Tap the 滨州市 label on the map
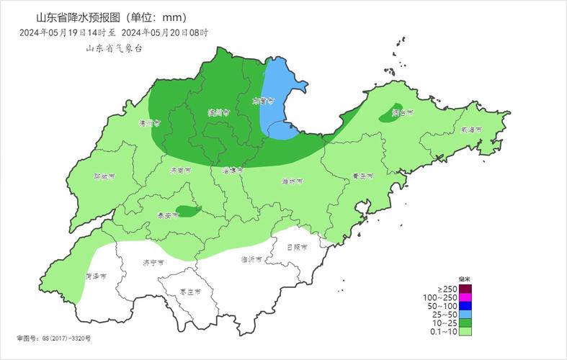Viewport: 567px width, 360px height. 218,112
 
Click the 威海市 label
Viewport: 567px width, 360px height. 471,130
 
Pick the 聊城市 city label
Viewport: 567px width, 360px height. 104,176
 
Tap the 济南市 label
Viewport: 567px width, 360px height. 179,171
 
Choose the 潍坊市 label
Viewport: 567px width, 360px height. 292,181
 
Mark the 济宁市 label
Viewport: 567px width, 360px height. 153,263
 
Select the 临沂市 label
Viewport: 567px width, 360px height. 251,258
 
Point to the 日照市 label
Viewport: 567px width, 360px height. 297,246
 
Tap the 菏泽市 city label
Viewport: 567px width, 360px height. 96,276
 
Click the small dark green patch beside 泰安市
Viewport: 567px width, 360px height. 189,211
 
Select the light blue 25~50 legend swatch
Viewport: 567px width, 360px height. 465,315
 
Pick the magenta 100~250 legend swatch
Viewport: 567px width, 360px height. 465,297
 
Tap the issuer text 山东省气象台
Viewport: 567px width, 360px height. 114,48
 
